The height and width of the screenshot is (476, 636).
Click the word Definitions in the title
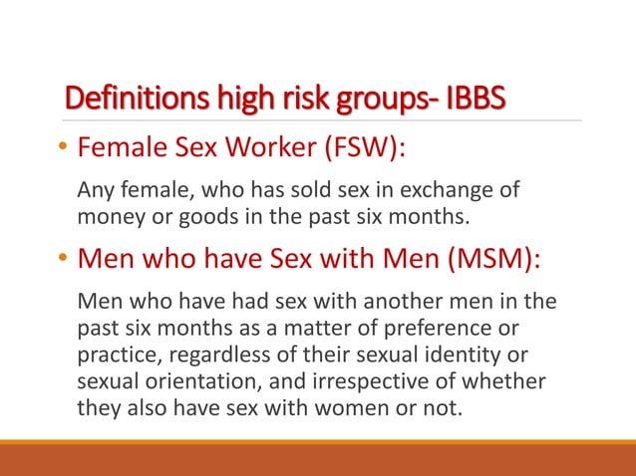coord(130,101)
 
